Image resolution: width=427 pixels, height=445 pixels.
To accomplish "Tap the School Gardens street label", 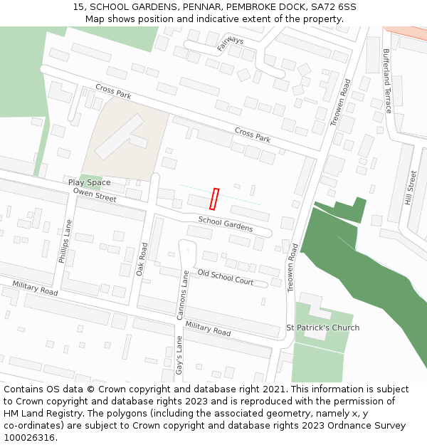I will (x=226, y=225).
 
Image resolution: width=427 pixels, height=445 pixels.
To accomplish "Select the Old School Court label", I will (x=226, y=277).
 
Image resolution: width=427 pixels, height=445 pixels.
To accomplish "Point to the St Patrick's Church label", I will (x=322, y=328).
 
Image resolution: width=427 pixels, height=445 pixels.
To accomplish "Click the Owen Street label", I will (x=94, y=195).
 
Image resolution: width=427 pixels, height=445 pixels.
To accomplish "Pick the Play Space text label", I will (x=90, y=183).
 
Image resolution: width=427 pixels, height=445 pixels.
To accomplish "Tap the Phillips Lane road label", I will (x=65, y=241).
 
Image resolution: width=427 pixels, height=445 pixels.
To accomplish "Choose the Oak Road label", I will (x=142, y=259).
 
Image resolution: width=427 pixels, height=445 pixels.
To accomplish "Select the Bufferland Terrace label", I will (x=387, y=80).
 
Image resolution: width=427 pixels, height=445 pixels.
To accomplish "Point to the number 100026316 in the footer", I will (x=31, y=437).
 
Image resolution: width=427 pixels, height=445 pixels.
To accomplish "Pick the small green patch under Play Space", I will (x=90, y=177).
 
